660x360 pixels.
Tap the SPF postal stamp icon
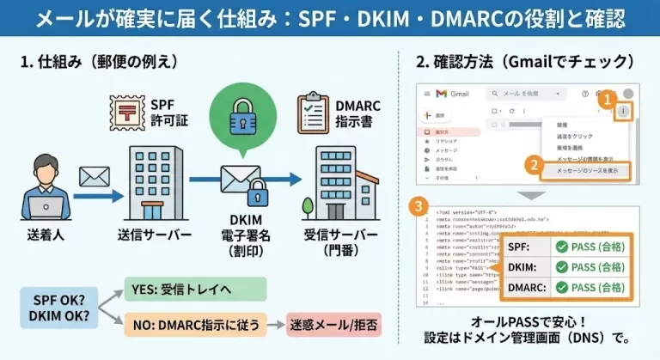(127, 112)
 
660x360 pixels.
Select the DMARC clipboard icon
(313, 113)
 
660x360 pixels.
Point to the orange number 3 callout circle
(417, 207)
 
